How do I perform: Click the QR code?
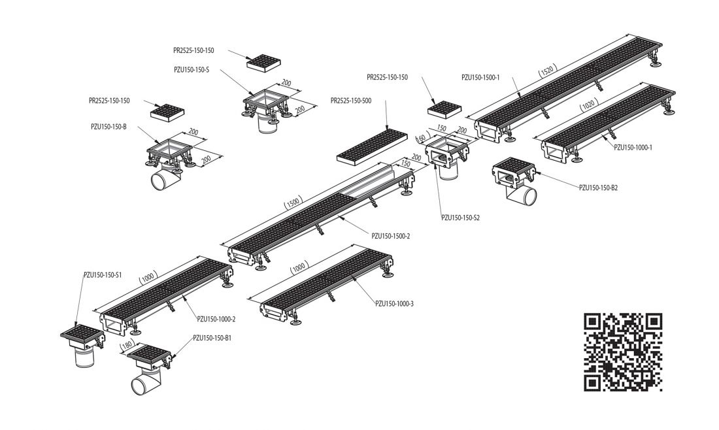click(623, 352)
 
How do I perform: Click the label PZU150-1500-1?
click(480, 78)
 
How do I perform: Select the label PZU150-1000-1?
click(633, 147)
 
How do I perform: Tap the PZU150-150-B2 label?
click(598, 188)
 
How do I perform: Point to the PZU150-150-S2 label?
click(460, 218)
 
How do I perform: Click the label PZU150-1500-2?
click(391, 236)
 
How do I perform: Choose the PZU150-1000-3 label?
click(394, 303)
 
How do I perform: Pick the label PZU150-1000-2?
click(216, 319)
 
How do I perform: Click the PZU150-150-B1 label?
click(212, 338)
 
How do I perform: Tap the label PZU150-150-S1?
click(103, 275)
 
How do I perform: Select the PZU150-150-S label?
click(192, 70)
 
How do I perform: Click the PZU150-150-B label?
click(109, 127)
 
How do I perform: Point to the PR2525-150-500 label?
click(351, 101)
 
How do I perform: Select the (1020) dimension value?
click(588, 105)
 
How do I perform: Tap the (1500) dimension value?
click(293, 202)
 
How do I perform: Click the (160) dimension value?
click(420, 137)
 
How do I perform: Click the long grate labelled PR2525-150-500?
click(373, 146)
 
